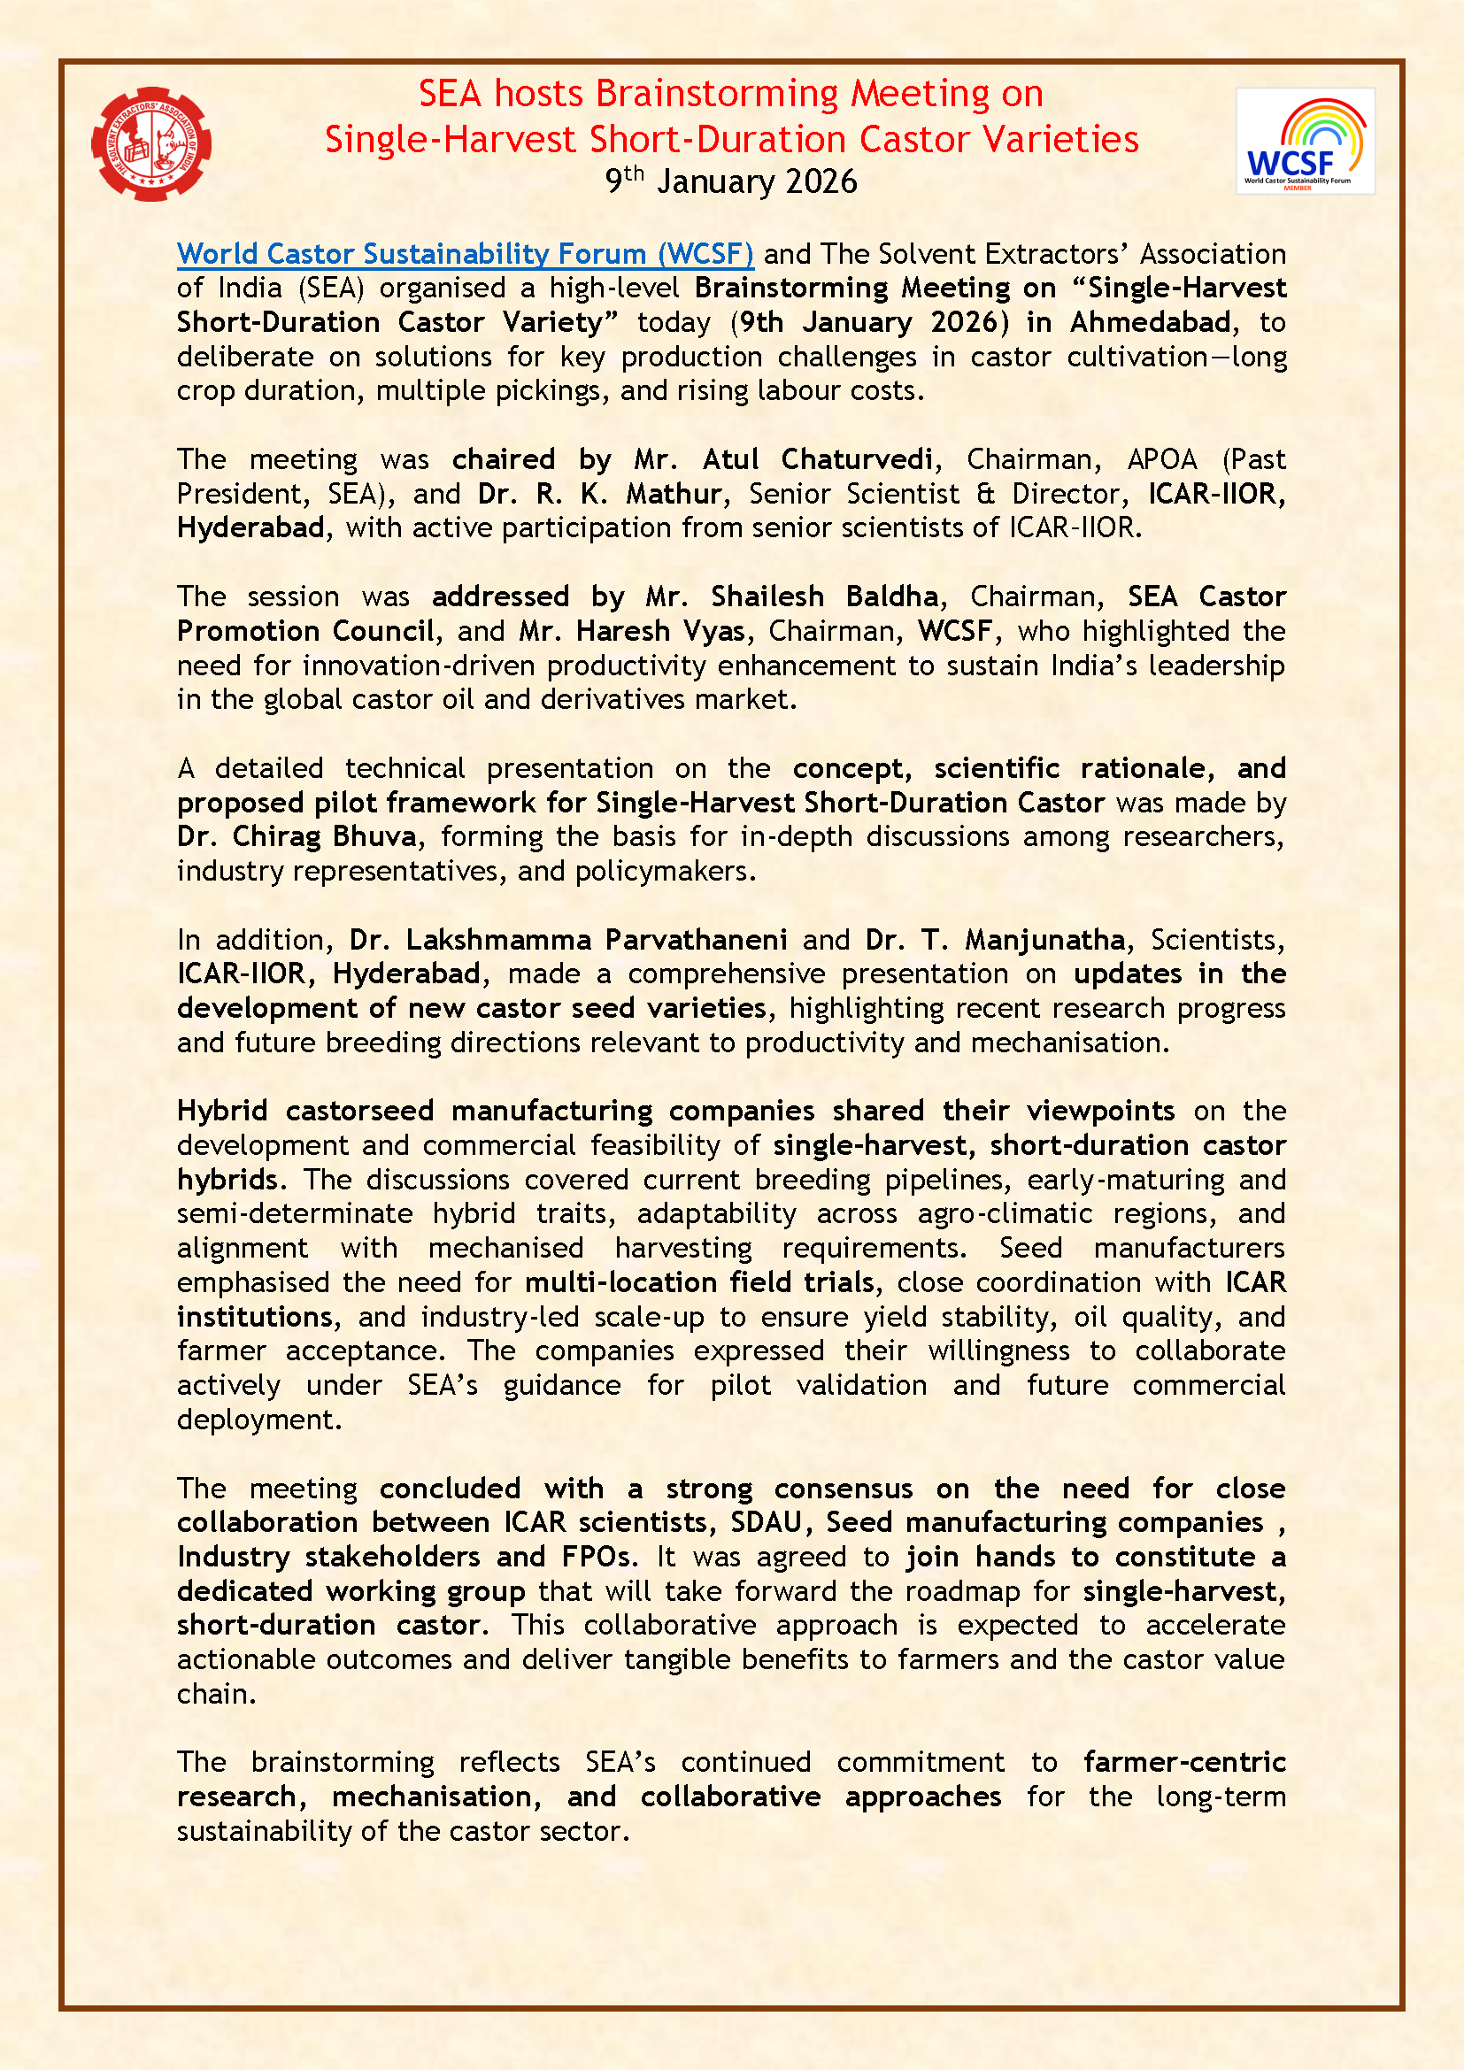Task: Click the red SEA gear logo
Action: coord(151,143)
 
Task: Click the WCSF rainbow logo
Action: coord(1305,142)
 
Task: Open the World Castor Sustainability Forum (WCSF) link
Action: coord(466,254)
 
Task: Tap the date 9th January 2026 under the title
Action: coord(731,181)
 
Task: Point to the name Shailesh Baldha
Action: coord(824,596)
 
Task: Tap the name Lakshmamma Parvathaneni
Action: coord(597,940)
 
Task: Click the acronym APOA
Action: coord(1162,459)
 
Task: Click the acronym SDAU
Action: coord(766,1522)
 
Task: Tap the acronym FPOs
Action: coord(599,1556)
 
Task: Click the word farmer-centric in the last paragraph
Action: coord(1184,1762)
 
